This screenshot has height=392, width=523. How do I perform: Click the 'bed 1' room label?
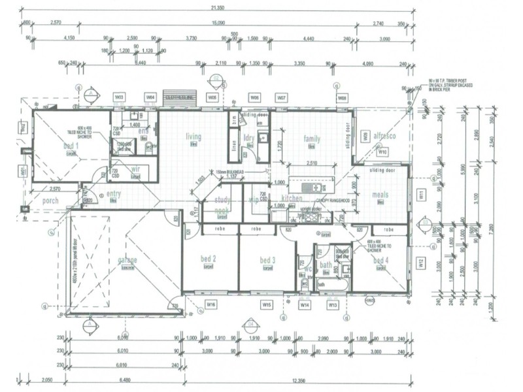70,146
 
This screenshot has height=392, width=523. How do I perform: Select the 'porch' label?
50,201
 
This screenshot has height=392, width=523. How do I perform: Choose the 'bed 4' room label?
380,261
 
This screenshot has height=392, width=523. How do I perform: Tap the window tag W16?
211,304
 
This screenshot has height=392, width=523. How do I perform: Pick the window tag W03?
119,98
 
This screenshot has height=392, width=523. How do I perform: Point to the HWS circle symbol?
370,301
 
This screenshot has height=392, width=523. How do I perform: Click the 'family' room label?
312,139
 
